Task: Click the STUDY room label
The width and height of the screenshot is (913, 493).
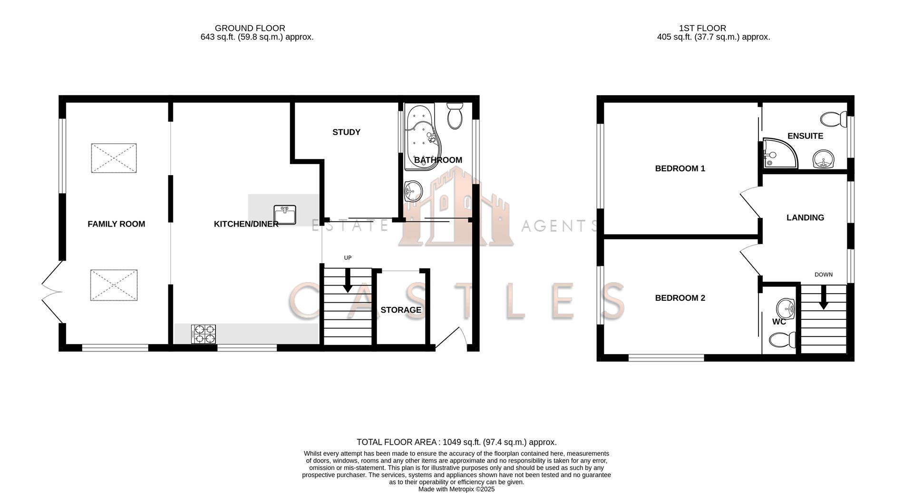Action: click(x=346, y=132)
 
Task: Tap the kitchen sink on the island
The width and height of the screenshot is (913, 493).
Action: click(x=285, y=215)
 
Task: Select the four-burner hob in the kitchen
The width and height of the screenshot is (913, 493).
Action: click(x=204, y=334)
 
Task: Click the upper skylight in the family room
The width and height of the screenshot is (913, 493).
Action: click(x=114, y=158)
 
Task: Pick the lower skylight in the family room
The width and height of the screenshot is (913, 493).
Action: click(x=114, y=285)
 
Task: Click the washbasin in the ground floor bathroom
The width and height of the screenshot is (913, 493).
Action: click(x=412, y=191)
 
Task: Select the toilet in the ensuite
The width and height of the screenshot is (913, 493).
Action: click(x=834, y=119)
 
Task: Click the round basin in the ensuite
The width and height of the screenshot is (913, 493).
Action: click(x=823, y=159)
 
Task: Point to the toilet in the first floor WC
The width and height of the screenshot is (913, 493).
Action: click(x=783, y=340)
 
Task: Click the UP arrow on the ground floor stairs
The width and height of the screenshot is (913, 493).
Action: click(x=348, y=280)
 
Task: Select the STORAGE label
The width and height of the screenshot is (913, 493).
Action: click(x=401, y=310)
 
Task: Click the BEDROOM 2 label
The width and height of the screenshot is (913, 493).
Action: click(x=680, y=298)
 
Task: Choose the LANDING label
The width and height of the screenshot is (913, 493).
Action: click(x=805, y=218)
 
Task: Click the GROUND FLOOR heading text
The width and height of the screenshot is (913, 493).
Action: click(x=250, y=29)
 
